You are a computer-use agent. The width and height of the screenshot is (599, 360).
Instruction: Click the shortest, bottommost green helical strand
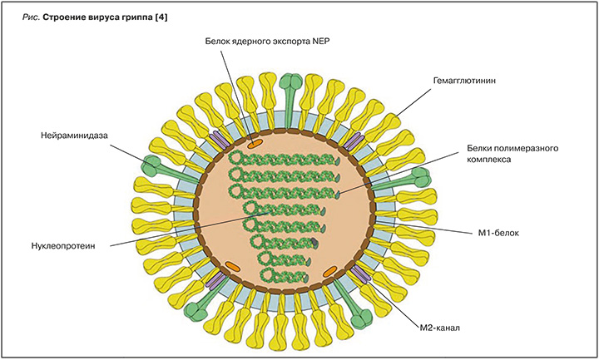[282, 274]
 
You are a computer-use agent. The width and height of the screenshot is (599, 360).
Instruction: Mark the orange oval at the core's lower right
[330, 271]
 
